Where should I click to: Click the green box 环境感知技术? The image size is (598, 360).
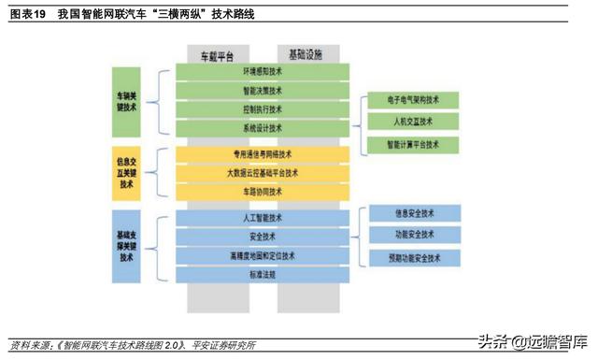(263, 72)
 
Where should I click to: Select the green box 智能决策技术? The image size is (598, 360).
(263, 91)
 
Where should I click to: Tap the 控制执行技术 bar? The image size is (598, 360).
(263, 109)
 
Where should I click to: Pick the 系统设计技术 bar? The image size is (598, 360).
(263, 128)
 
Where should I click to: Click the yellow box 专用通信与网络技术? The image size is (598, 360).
(263, 154)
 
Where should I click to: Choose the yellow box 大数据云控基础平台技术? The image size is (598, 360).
(263, 173)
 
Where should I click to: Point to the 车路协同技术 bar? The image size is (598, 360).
(263, 192)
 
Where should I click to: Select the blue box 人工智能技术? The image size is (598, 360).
(263, 218)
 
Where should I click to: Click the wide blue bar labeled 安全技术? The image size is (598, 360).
(263, 237)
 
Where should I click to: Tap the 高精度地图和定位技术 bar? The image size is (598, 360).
(263, 255)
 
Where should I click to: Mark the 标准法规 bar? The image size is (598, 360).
(263, 274)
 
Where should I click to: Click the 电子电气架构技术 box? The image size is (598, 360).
(414, 99)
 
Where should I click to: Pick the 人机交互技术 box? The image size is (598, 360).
(414, 122)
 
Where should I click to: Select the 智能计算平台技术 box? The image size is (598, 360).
(414, 145)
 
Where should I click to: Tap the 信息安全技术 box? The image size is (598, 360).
(414, 211)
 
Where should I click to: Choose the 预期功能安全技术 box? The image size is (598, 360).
(414, 257)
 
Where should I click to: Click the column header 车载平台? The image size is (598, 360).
(218, 55)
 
